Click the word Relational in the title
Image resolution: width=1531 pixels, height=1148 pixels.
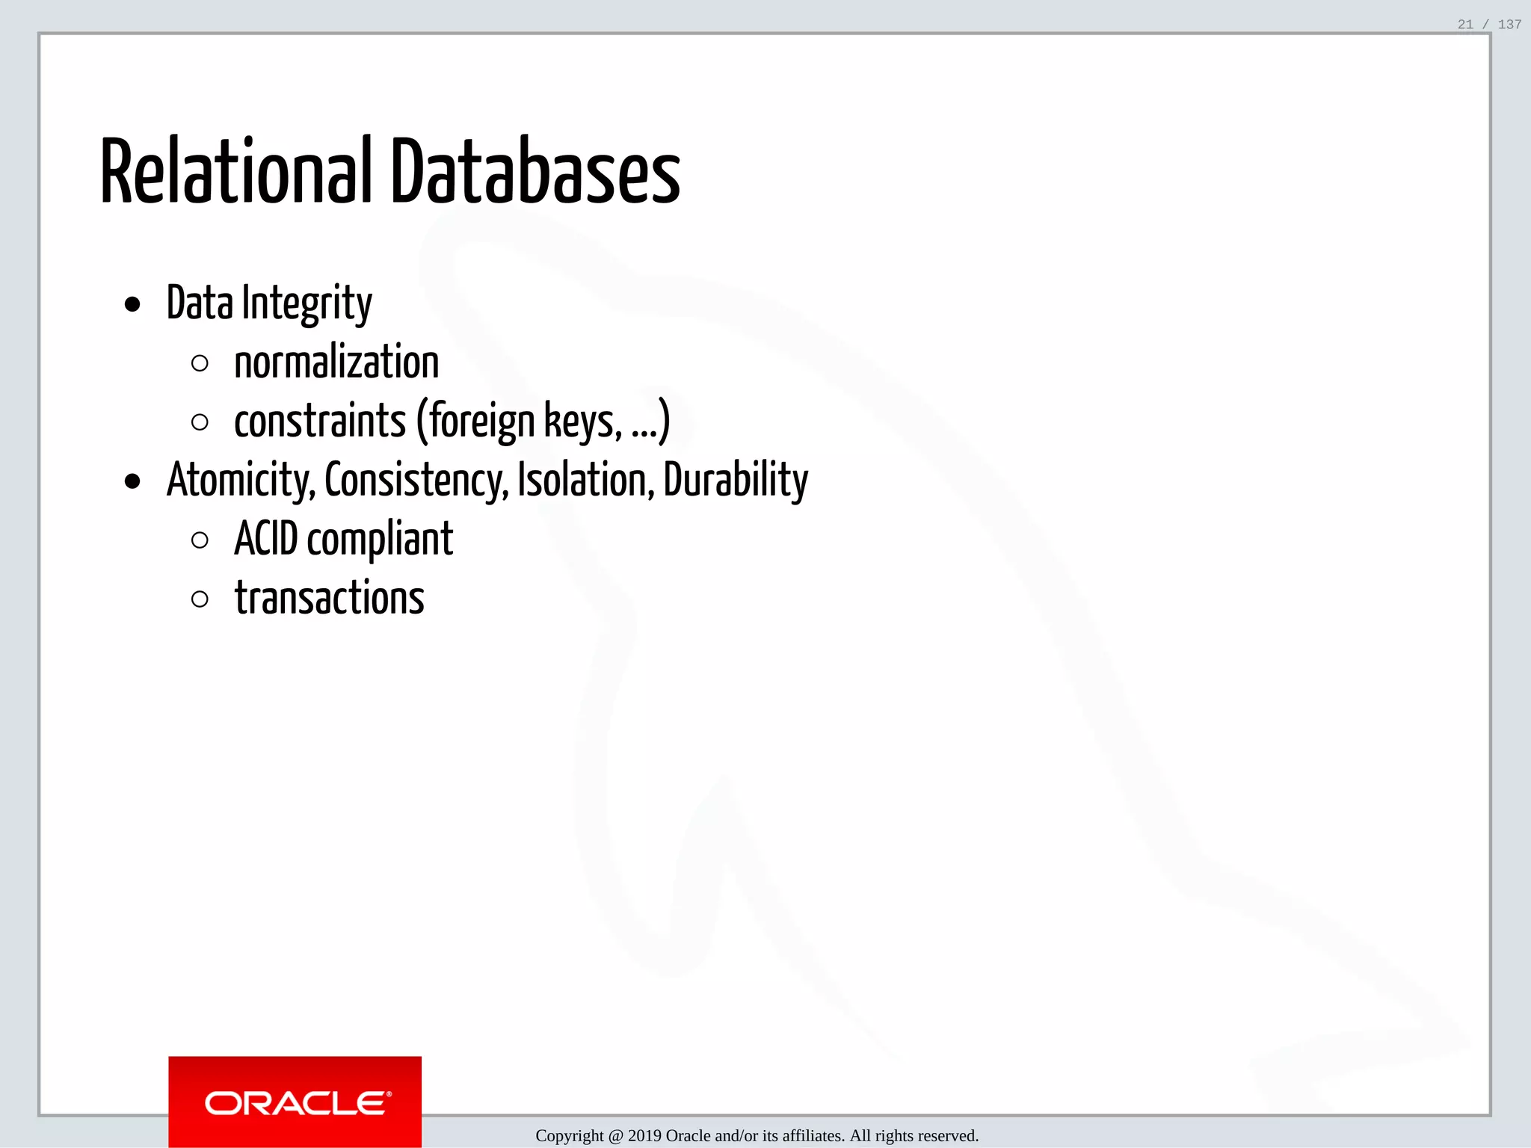pos(235,172)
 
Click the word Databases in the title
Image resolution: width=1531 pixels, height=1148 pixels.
pos(535,172)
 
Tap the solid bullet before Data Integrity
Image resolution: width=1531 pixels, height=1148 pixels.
pos(132,304)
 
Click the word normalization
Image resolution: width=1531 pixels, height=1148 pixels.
pos(336,363)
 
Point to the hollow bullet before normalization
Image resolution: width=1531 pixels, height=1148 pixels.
pos(200,364)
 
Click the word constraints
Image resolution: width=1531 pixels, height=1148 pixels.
pos(320,422)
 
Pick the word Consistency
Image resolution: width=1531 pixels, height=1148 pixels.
pos(416,481)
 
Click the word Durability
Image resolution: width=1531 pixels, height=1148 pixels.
pos(736,481)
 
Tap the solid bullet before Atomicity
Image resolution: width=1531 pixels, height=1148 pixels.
pos(132,482)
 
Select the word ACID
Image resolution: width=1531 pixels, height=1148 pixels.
pos(266,539)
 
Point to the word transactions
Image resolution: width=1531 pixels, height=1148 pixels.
pos(330,599)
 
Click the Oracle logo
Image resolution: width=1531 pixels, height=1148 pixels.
pos(295,1102)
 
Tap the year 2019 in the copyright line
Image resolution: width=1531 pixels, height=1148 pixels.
pos(644,1136)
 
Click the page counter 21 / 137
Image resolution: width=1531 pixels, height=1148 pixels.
pos(1489,25)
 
